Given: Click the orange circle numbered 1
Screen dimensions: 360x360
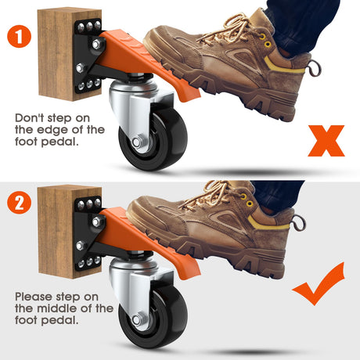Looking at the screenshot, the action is (19, 36).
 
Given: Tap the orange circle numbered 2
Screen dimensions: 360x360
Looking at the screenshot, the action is (19, 202).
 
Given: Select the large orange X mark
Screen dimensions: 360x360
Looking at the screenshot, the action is (326, 141).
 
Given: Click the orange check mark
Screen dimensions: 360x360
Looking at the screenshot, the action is (319, 284).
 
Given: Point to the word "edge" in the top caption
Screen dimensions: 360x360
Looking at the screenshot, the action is (52, 130).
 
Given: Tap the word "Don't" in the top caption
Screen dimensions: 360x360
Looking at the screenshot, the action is (29, 118).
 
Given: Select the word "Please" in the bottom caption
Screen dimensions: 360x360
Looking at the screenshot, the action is (34, 297).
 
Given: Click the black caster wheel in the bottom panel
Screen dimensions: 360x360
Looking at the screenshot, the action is (153, 318).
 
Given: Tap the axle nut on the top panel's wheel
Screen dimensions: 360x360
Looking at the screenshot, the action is (136, 142).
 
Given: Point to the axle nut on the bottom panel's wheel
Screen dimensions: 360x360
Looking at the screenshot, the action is (136, 320).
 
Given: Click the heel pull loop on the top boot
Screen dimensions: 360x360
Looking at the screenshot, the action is (314, 68).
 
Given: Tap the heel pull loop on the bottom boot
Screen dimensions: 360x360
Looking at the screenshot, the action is (299, 223).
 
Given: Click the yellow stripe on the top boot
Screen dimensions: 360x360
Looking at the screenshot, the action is (283, 66).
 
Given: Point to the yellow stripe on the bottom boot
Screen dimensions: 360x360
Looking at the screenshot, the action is (268, 224).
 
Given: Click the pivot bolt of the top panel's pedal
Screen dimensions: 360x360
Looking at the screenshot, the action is (97, 44).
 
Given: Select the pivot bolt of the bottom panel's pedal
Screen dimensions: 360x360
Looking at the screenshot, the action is (97, 221).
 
